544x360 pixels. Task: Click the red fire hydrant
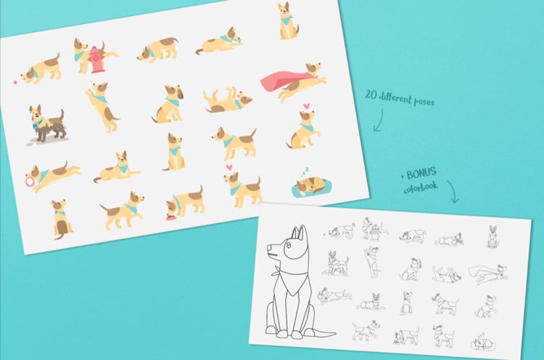pyautogui.click(x=96, y=60)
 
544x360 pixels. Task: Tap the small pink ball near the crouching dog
pyautogui.click(x=15, y=82)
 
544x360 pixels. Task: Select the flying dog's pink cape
pyautogui.click(x=284, y=81)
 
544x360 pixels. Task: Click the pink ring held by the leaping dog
pyautogui.click(x=30, y=181)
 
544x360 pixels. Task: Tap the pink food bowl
pyautogui.click(x=170, y=217)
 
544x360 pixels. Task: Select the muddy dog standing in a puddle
pyautogui.click(x=47, y=124)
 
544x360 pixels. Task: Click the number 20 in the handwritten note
pyautogui.click(x=371, y=94)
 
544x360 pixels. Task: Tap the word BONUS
pyautogui.click(x=421, y=173)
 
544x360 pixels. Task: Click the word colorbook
pyautogui.click(x=420, y=187)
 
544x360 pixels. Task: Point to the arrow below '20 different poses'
pyautogui.click(x=379, y=120)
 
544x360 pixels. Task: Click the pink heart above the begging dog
pyautogui.click(x=306, y=105)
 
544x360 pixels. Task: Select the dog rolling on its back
pyautogui.click(x=227, y=100)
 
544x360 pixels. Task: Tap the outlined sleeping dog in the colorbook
pyautogui.click(x=482, y=343)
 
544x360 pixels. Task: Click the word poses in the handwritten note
pyautogui.click(x=424, y=101)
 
